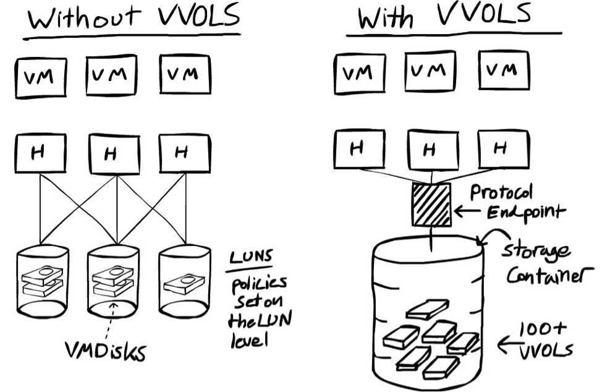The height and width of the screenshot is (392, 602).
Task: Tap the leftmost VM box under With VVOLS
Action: (358, 75)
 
